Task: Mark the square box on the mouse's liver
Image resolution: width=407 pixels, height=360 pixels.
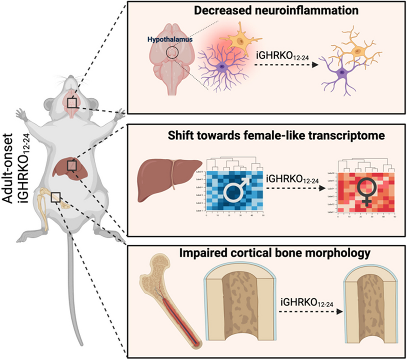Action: (71, 165)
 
